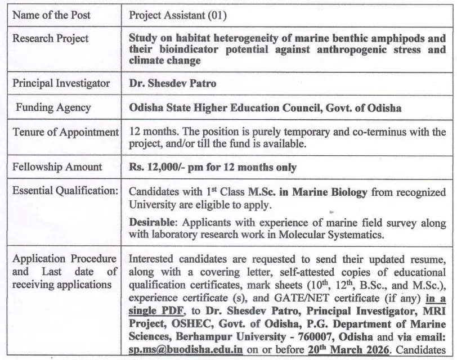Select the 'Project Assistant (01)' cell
click(177, 15)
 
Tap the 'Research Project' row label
click(50, 39)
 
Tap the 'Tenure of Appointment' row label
click(65, 132)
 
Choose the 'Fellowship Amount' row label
click(57, 166)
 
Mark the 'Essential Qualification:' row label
click(65, 191)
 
